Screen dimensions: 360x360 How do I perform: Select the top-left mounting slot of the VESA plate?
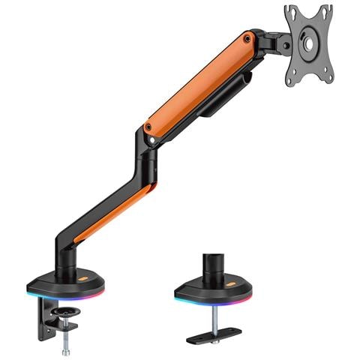[293, 15]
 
